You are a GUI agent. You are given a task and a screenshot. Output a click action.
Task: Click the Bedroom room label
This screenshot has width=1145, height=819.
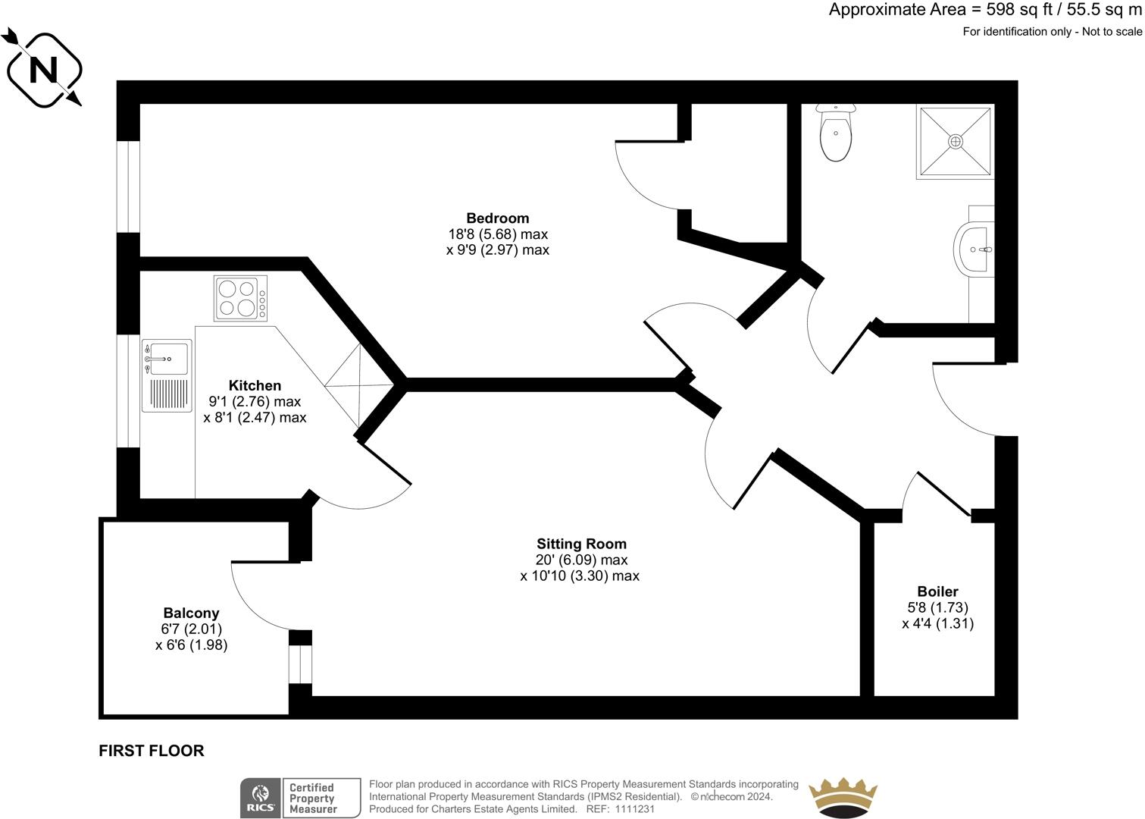tap(497, 218)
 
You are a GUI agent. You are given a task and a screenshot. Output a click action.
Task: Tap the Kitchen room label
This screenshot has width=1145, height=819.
tap(255, 386)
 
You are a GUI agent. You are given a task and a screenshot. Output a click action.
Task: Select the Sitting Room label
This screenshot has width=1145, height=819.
tap(581, 544)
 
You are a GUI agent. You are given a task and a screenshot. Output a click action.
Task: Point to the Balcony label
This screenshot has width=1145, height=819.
tap(191, 613)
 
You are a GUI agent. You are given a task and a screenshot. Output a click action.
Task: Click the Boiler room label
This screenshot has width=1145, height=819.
tap(937, 591)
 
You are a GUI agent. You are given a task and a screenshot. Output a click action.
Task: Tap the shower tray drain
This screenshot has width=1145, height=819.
tap(956, 141)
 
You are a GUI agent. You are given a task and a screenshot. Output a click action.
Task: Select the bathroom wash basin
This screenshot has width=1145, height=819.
tap(973, 249)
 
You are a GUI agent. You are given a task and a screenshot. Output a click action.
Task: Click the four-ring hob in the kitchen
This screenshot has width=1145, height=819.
tap(236, 298)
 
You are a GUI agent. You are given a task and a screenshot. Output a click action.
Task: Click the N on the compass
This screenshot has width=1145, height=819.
tap(43, 70)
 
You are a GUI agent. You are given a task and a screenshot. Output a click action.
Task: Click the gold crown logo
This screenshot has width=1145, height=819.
tap(843, 798)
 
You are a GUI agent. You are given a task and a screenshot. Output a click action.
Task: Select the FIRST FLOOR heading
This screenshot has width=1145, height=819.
tap(152, 751)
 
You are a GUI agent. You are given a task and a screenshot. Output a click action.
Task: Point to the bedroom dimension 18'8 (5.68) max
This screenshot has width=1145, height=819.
tap(497, 234)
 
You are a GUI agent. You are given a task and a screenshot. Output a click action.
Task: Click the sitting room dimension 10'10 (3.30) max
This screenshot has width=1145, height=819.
tap(580, 576)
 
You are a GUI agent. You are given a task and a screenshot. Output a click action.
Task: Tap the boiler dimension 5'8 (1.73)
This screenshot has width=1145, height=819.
tap(937, 607)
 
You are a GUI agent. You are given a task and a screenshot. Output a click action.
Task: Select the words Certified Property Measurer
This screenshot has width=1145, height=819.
tap(312, 799)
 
